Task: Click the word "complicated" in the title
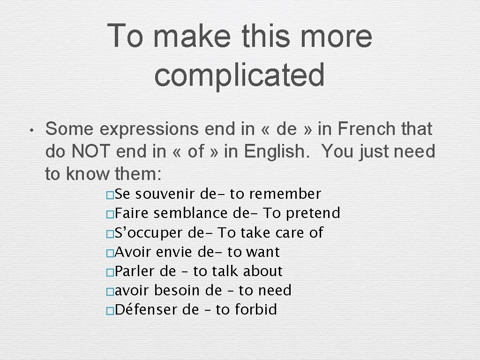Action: [239, 75]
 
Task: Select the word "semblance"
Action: [191, 213]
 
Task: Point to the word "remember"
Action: [293, 194]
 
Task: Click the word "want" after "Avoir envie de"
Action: [262, 252]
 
